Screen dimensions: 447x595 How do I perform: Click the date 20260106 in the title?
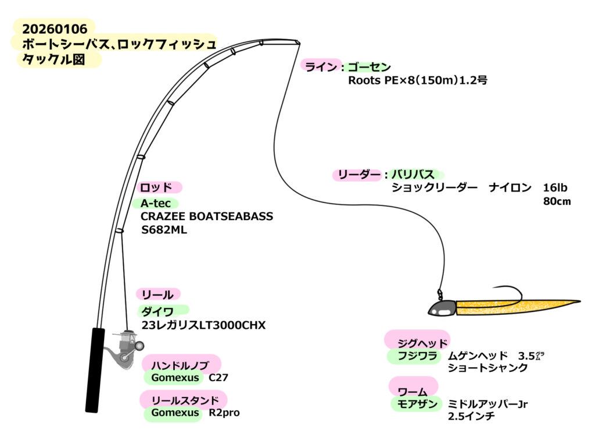point(55,27)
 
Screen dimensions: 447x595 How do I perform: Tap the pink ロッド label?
point(156,187)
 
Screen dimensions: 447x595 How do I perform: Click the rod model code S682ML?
point(164,230)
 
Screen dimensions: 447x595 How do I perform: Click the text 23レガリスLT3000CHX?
point(203,326)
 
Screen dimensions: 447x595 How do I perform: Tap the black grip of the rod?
point(95,370)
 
